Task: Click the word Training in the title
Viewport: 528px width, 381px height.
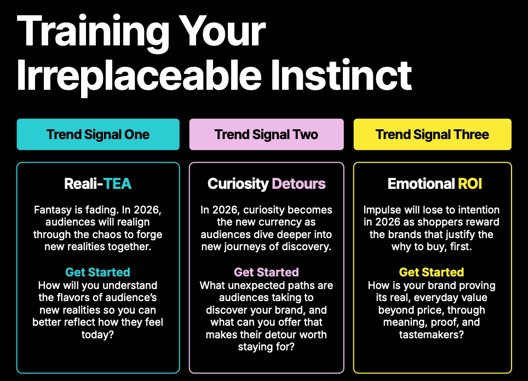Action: (93, 33)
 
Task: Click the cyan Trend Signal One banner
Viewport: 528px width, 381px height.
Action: (98, 134)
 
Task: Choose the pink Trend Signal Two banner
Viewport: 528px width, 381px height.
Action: (266, 134)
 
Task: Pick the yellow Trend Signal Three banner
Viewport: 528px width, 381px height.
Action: (432, 134)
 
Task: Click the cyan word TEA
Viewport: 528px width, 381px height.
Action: (117, 184)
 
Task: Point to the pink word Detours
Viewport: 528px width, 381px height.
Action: (299, 184)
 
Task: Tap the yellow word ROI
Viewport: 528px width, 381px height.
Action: (470, 184)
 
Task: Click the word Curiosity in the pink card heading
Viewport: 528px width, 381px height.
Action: (238, 184)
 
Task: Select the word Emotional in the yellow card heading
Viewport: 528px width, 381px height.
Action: (421, 184)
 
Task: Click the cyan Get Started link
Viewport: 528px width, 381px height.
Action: (97, 272)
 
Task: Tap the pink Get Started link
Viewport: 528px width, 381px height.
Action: (266, 272)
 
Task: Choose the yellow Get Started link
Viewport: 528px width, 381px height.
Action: (432, 272)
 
